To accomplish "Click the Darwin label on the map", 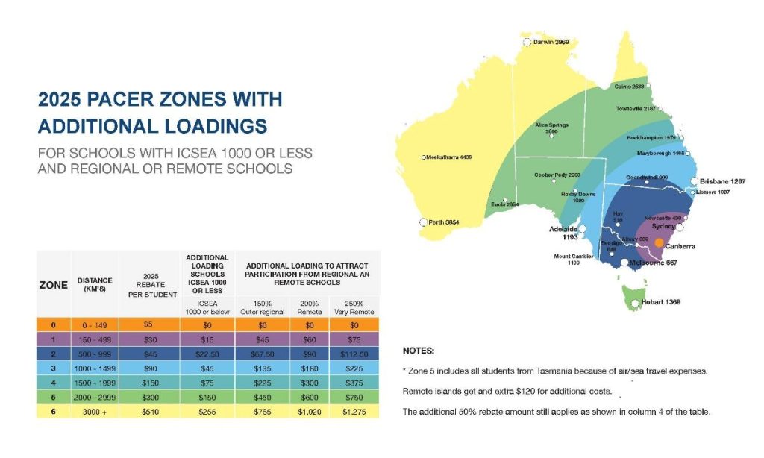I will [551, 43].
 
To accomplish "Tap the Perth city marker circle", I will [424, 222].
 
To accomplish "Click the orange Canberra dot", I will [659, 242].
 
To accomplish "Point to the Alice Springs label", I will [552, 128].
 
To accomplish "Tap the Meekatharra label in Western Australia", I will [450, 157].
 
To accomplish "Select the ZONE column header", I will [53, 285].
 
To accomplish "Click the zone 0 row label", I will [53, 324].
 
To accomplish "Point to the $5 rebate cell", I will [150, 324].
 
